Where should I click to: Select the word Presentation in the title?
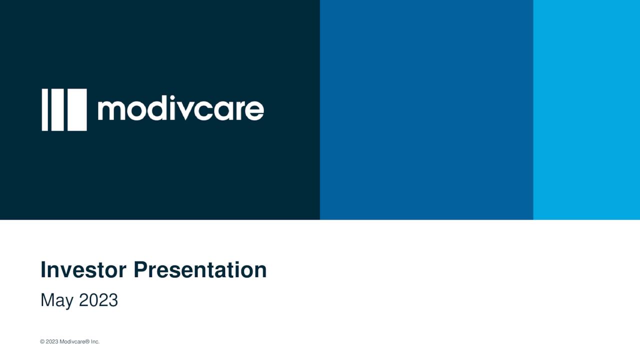coord(200,270)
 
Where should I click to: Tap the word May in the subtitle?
coord(56,300)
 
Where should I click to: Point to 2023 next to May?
coord(98,300)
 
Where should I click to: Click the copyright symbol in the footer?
coord(42,342)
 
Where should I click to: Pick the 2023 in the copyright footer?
coord(52,342)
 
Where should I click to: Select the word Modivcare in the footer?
coord(73,342)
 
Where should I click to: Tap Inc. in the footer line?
coord(95,342)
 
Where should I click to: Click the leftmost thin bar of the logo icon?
coord(45,110)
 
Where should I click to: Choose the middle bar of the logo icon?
coord(57,110)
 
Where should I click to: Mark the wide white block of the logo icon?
coord(77,110)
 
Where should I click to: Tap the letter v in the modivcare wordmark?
coord(185,111)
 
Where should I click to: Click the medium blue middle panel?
coord(426,110)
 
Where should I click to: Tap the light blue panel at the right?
coord(586,110)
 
